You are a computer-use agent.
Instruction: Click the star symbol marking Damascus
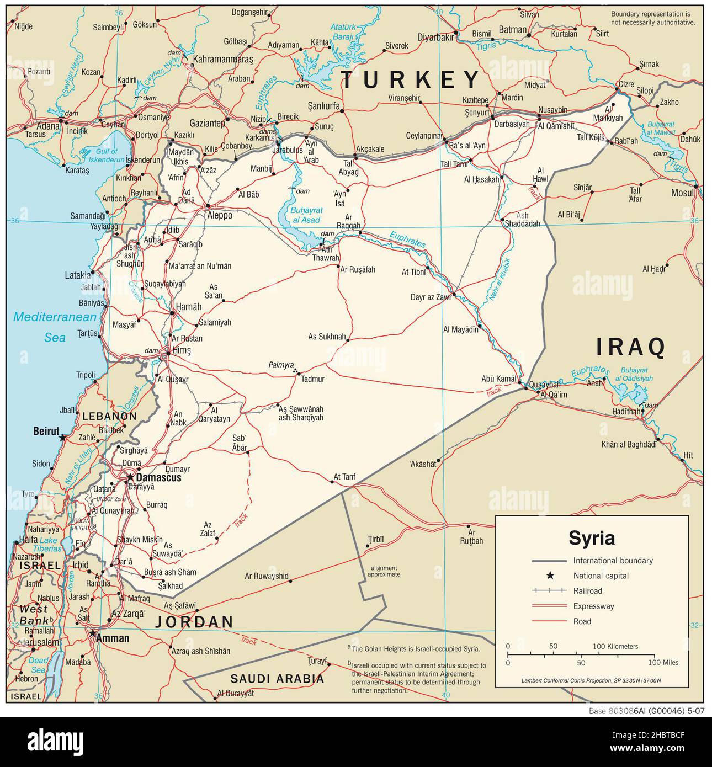130,477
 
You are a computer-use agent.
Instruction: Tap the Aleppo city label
219,216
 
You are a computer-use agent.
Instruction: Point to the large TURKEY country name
410,80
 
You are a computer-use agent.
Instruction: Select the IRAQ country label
630,347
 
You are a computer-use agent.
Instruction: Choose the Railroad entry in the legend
587,591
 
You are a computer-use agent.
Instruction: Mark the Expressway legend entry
593,606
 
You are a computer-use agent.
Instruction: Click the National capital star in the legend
550,576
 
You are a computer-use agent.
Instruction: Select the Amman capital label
113,638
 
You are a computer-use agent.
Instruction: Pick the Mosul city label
682,193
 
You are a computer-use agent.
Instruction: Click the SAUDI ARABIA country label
277,679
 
